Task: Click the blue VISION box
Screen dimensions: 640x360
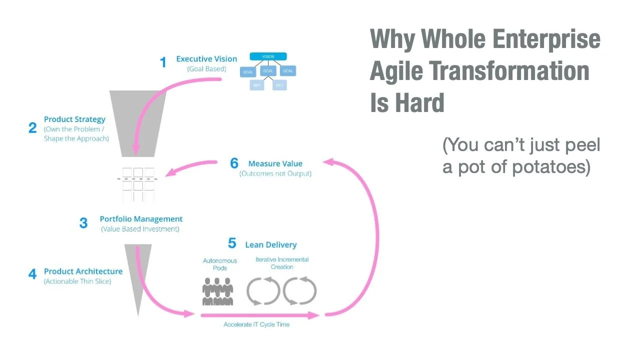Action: [268, 56]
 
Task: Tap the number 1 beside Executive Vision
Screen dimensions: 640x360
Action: [163, 62]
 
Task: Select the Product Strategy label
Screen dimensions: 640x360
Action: [74, 119]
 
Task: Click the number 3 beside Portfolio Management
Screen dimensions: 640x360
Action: [83, 223]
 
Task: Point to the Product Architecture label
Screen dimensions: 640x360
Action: [83, 271]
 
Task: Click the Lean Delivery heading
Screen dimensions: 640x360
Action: [270, 244]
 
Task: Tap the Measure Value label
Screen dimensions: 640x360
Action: [275, 163]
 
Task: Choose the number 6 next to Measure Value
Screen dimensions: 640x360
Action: [234, 163]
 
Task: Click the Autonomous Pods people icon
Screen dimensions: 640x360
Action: [218, 291]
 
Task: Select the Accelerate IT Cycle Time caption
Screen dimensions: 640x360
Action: [256, 324]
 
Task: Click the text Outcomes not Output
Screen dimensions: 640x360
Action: [275, 173]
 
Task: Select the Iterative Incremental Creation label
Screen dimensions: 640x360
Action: [282, 263]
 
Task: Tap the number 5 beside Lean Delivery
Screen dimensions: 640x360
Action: [232, 243]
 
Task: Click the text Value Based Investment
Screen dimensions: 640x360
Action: [140, 229]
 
